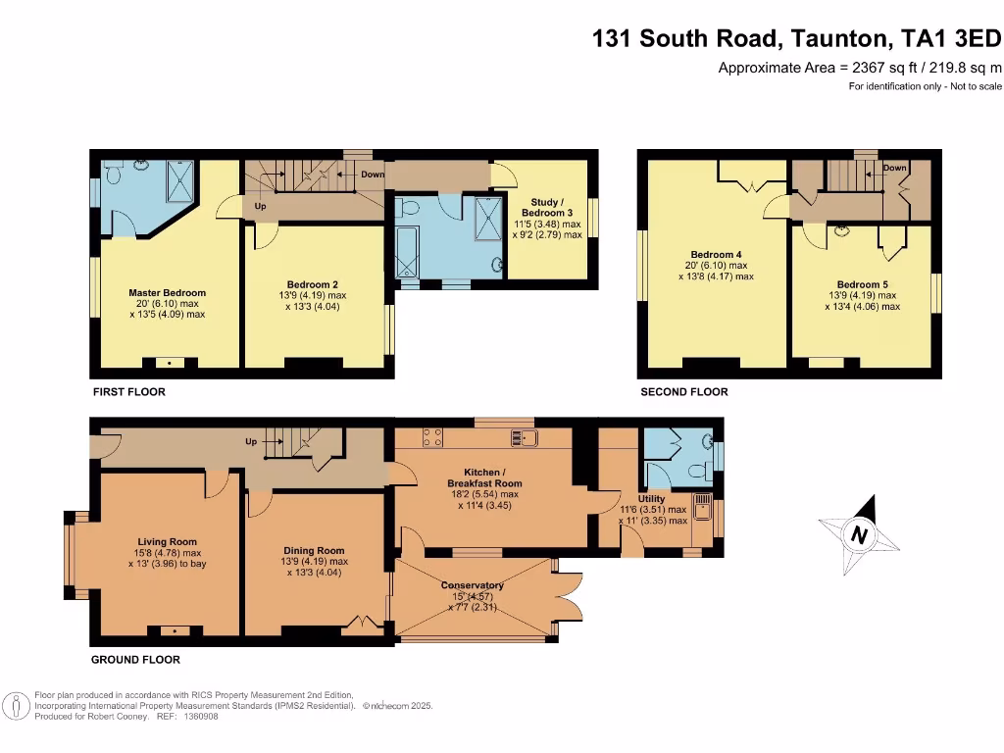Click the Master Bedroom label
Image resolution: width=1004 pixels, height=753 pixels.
tap(168, 293)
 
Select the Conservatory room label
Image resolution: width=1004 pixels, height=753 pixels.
tap(478, 585)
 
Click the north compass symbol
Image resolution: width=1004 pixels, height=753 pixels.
tap(860, 535)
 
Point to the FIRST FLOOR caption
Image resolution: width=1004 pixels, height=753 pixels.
tap(128, 392)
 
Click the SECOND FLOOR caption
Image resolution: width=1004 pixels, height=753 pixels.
tap(683, 392)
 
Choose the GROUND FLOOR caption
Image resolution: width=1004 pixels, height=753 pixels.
tap(135, 660)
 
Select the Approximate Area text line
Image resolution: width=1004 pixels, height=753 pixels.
tap(860, 68)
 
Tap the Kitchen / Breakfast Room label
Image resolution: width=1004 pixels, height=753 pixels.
tap(484, 477)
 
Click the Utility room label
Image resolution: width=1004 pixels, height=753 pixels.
tap(651, 499)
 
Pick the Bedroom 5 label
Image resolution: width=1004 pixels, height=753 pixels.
tap(862, 284)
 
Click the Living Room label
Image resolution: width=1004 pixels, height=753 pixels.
tap(168, 542)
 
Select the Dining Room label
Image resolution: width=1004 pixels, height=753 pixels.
tap(314, 551)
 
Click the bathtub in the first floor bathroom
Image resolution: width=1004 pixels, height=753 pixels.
tap(406, 251)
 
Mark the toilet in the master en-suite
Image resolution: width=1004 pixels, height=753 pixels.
tap(114, 175)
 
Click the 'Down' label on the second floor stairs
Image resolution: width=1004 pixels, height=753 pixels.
tap(894, 168)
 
